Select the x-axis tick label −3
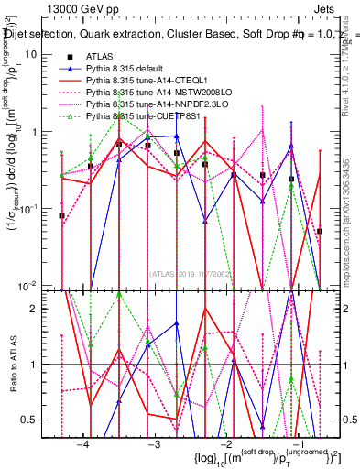(154, 444)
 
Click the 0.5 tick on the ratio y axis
(41, 420)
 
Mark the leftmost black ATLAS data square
(61, 216)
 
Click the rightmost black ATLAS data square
(320, 232)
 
